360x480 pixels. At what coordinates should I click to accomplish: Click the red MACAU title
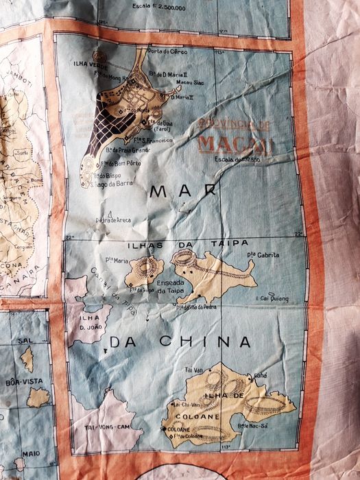pos(235,145)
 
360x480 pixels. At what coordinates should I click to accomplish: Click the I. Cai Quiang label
pos(272,299)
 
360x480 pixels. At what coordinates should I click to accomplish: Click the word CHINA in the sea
pos(206,341)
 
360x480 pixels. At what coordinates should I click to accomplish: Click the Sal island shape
pos(27,358)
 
